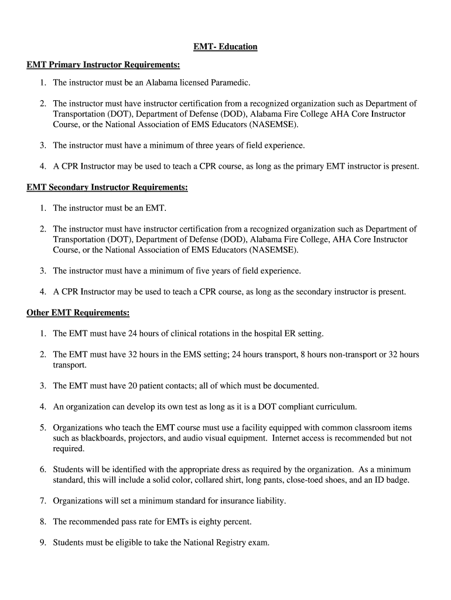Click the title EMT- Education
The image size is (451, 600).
[x=225, y=46]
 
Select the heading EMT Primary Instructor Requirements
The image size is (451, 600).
[x=103, y=63]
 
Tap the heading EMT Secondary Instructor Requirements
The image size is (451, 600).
[x=107, y=187]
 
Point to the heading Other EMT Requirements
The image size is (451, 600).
[x=78, y=313]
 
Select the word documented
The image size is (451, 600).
[x=295, y=386]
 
